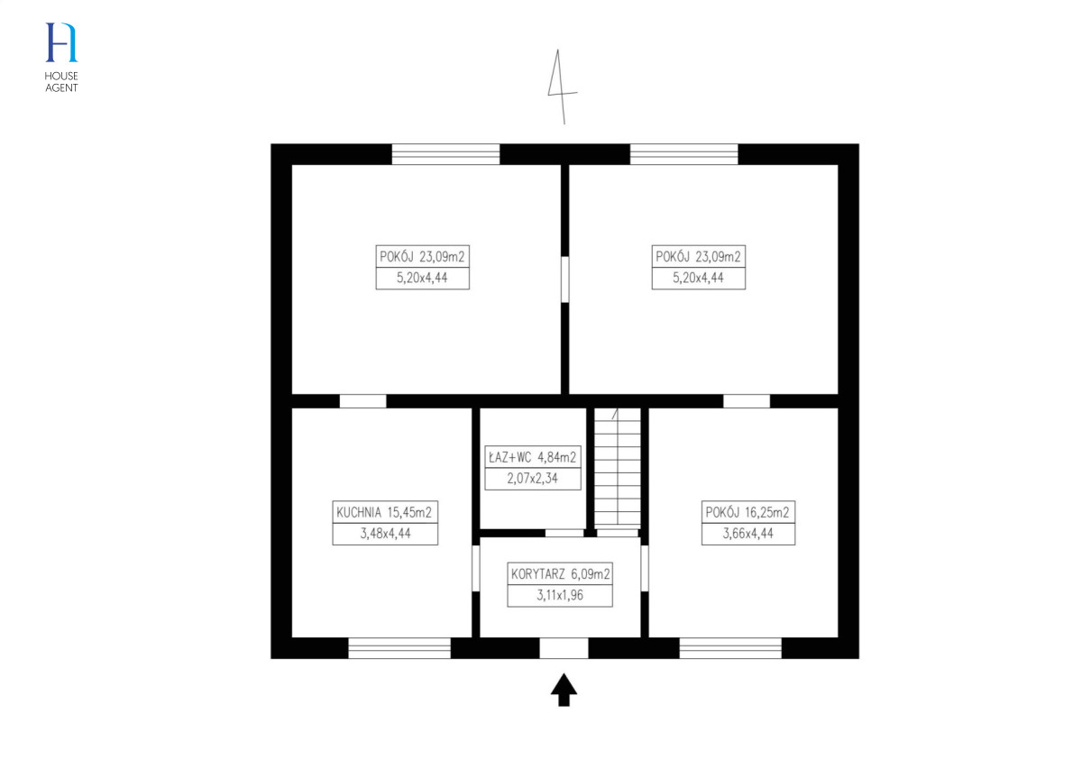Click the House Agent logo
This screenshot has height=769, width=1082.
[x=61, y=57]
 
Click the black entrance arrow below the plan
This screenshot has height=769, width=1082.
[x=564, y=690]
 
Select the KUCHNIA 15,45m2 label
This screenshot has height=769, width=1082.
[x=384, y=512]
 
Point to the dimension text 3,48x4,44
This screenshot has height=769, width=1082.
[x=385, y=534]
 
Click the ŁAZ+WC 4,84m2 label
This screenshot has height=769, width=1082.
[x=532, y=457]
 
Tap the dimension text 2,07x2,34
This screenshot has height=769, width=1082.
[x=532, y=479]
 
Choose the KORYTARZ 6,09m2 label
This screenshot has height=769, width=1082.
[x=560, y=574]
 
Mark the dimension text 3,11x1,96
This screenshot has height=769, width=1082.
[x=560, y=595]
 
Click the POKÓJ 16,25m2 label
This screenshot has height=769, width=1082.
[x=747, y=512]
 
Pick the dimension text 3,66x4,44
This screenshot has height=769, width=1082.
[x=747, y=534]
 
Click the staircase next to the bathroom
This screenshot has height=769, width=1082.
[x=618, y=469]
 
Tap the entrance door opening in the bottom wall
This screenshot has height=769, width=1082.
[x=564, y=648]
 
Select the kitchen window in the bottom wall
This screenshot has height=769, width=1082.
[x=399, y=648]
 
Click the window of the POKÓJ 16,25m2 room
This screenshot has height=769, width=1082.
[x=730, y=648]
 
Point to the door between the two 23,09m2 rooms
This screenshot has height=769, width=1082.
[x=564, y=279]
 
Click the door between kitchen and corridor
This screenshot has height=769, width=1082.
[x=476, y=568]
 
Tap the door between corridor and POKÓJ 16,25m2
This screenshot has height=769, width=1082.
[x=645, y=568]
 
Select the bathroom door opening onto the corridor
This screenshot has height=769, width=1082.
[x=564, y=534]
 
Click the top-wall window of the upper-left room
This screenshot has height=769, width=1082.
[x=445, y=154]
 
